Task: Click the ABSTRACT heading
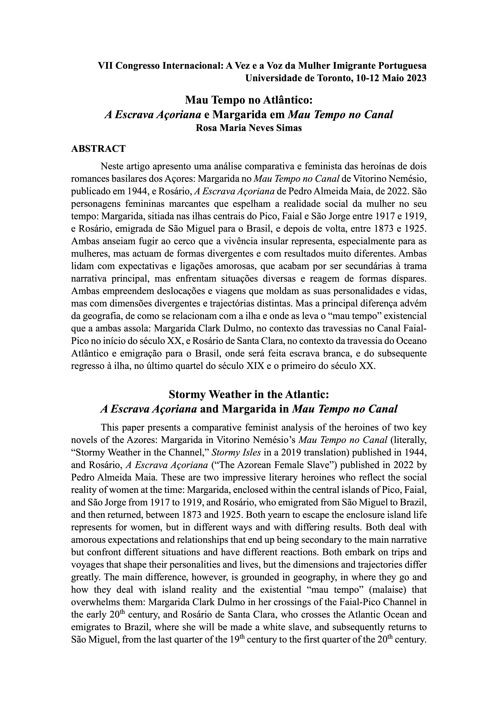click(98, 149)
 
